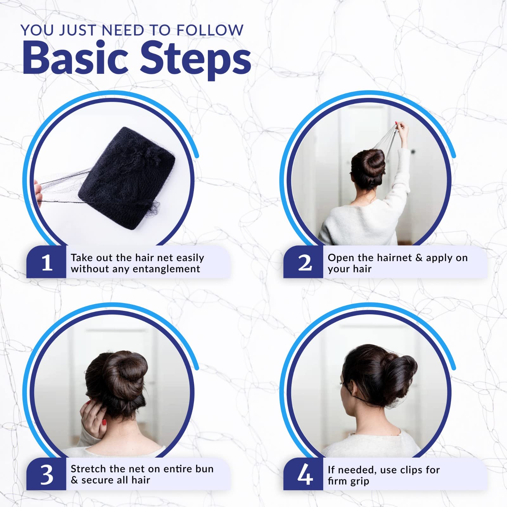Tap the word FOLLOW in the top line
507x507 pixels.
[x=210, y=30]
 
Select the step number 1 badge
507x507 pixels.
[x=47, y=262]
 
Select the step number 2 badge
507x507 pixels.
[x=304, y=262]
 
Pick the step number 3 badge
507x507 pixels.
[x=47, y=474]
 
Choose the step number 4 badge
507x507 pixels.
[x=304, y=474]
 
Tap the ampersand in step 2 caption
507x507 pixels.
[x=419, y=258]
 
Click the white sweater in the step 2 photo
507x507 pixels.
[x=358, y=222]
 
